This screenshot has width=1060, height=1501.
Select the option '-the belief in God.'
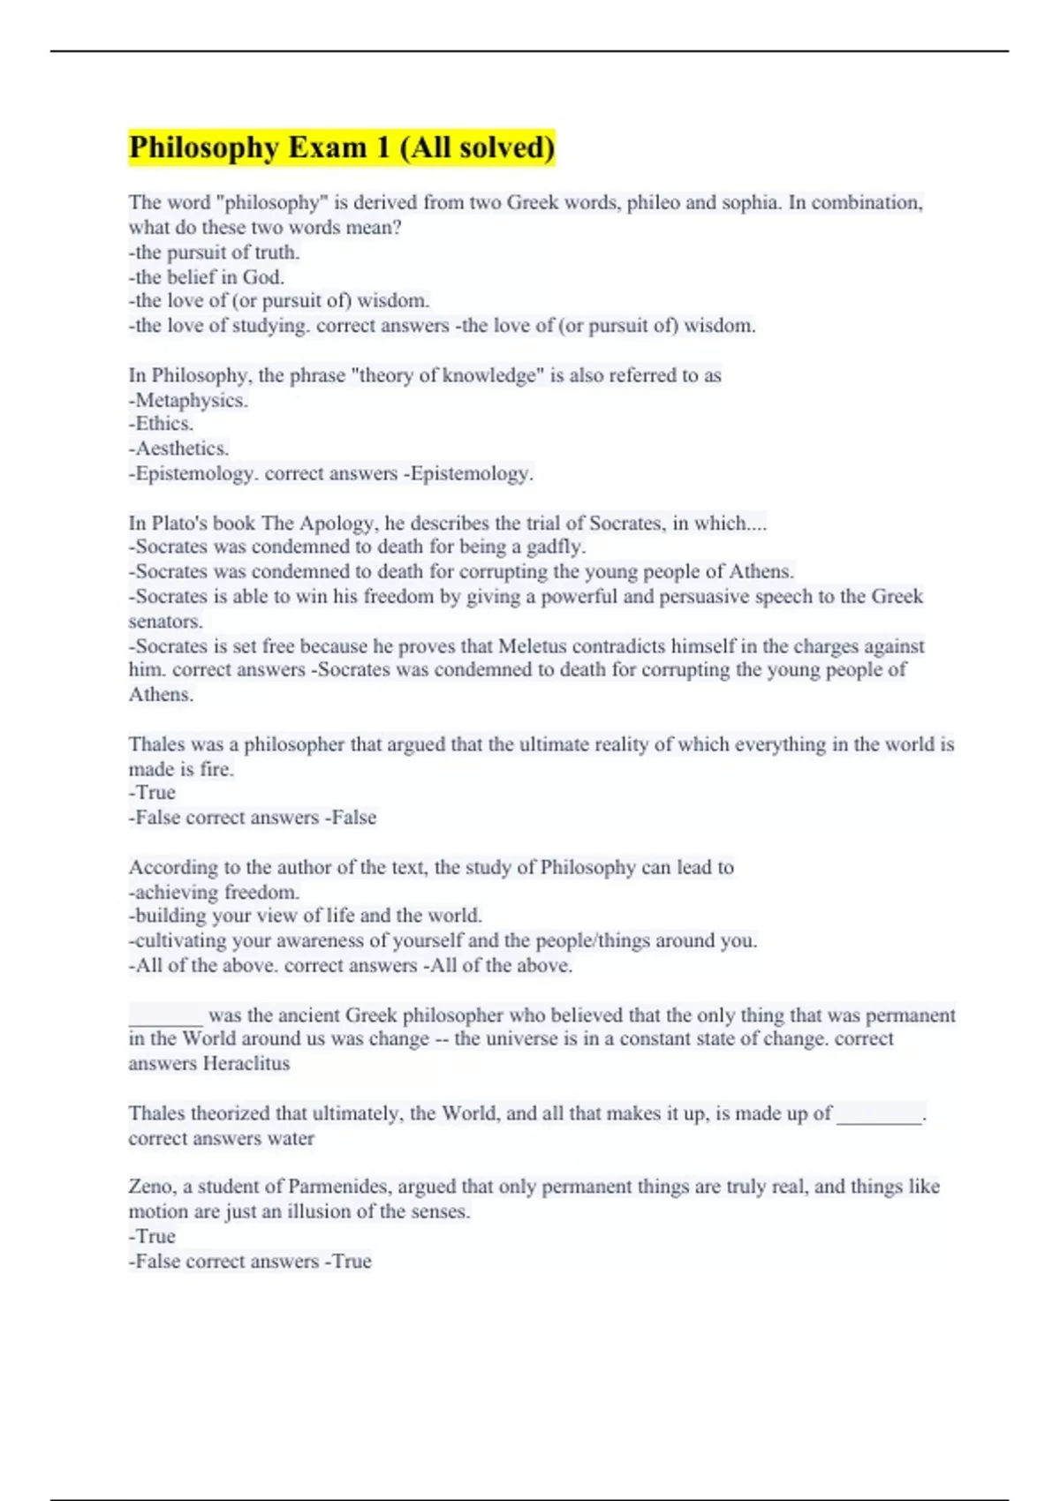[207, 277]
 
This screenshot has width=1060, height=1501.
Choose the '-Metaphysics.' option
[188, 400]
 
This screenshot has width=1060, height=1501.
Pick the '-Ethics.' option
[161, 424]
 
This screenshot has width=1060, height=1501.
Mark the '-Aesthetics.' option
[178, 449]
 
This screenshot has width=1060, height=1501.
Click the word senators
[165, 622]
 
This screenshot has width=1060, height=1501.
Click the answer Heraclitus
[246, 1064]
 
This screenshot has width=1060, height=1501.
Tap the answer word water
[291, 1139]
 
